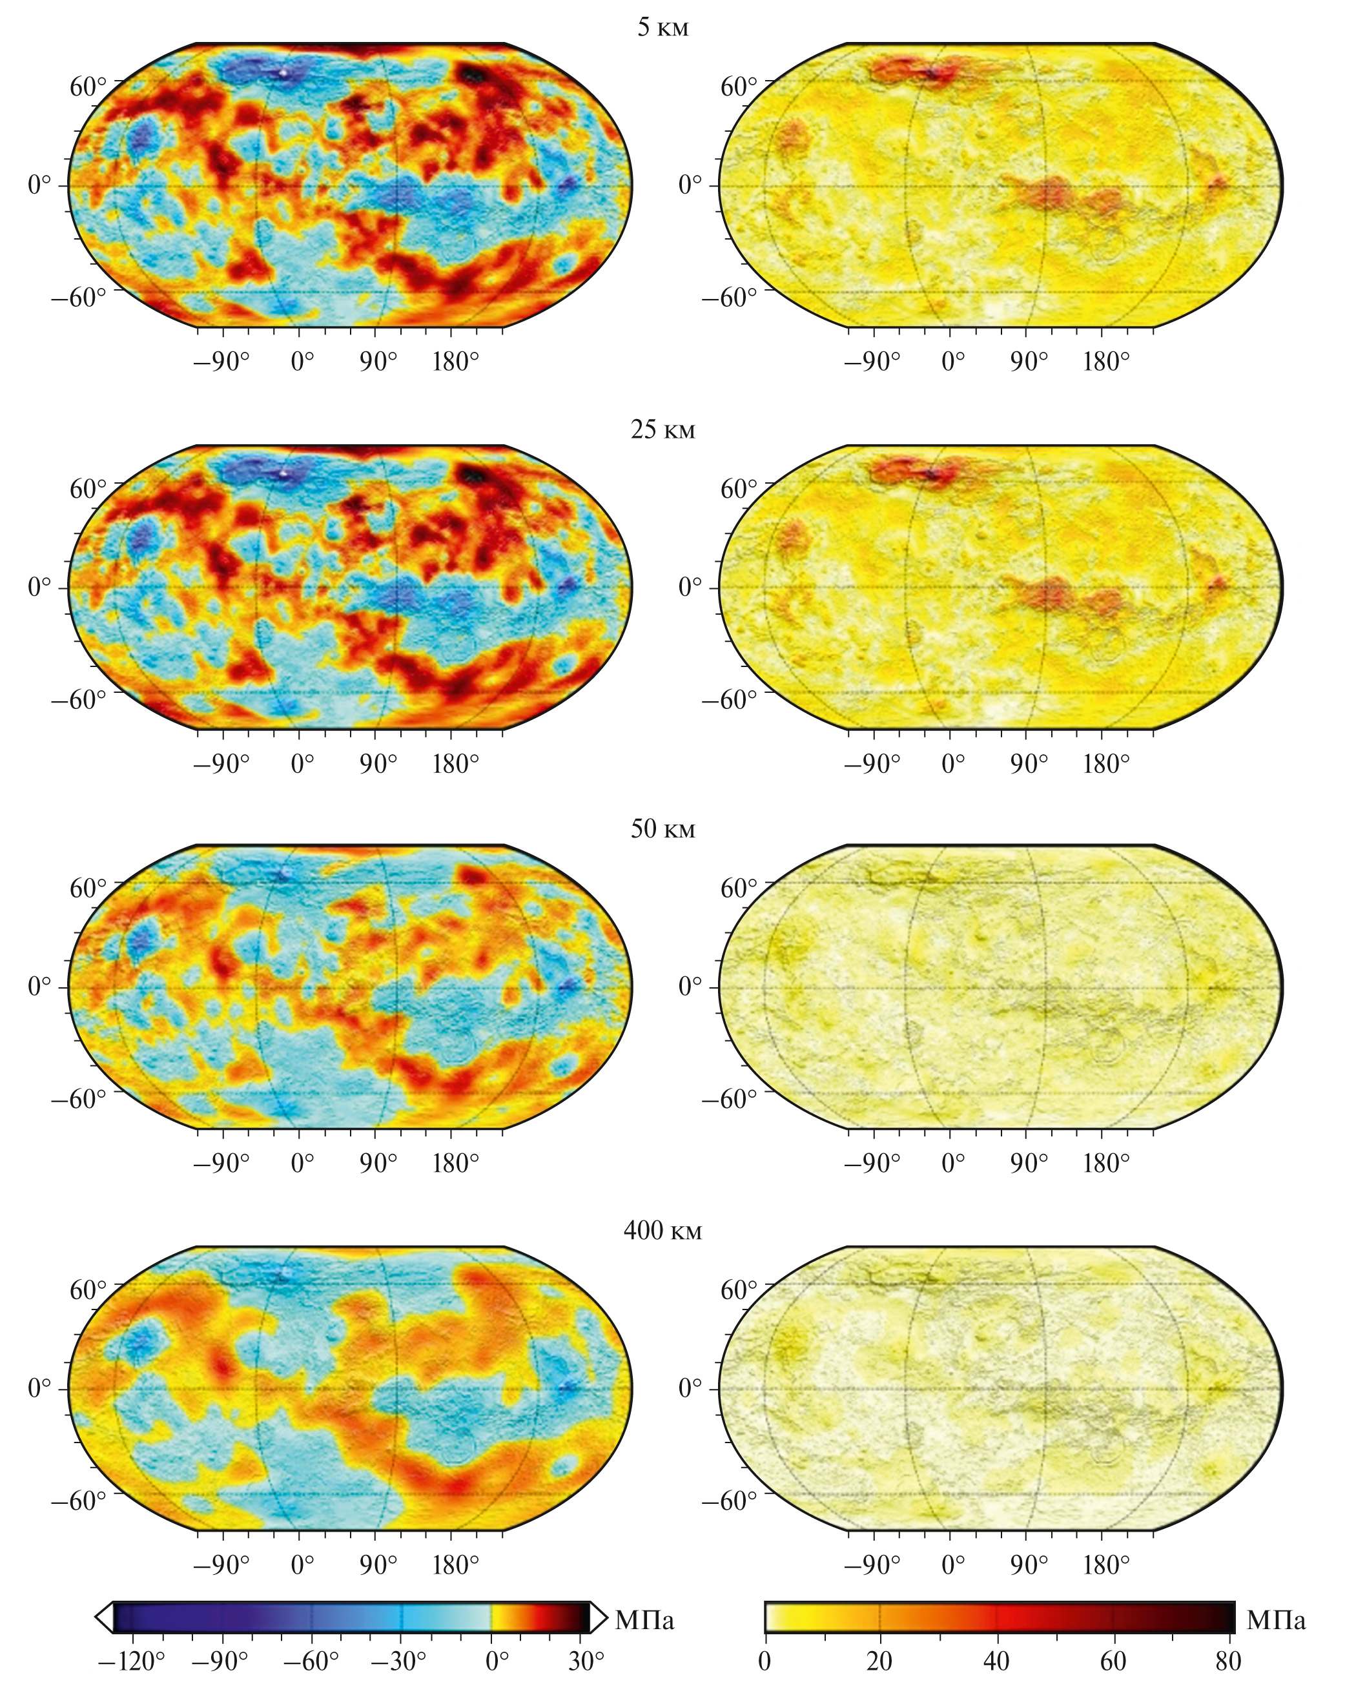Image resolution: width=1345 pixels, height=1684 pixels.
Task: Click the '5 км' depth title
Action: click(x=662, y=27)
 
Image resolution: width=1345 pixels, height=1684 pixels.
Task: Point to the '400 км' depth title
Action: click(x=662, y=1231)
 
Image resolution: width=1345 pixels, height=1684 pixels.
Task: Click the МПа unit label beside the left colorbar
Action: click(x=644, y=1620)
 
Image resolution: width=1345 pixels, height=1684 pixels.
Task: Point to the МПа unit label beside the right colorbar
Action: click(x=1275, y=1620)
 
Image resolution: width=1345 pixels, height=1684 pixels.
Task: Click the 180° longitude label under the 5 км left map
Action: click(x=455, y=362)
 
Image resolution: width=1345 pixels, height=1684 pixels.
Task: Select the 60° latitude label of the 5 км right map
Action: click(x=738, y=86)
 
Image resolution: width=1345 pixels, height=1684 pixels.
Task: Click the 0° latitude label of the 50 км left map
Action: click(x=39, y=987)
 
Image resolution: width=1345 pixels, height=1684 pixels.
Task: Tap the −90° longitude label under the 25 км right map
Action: click(x=872, y=764)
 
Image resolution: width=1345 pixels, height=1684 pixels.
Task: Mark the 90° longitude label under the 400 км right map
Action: click(x=1029, y=1565)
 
